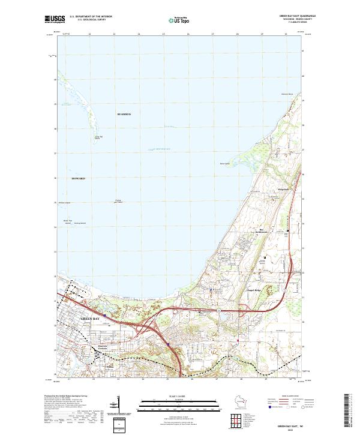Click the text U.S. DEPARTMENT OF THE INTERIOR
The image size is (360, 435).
pos(91,16)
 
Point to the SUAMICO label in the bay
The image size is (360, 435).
pos(124,113)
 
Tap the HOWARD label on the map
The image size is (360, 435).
pos(79,179)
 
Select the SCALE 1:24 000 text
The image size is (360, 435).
pos(179,397)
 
